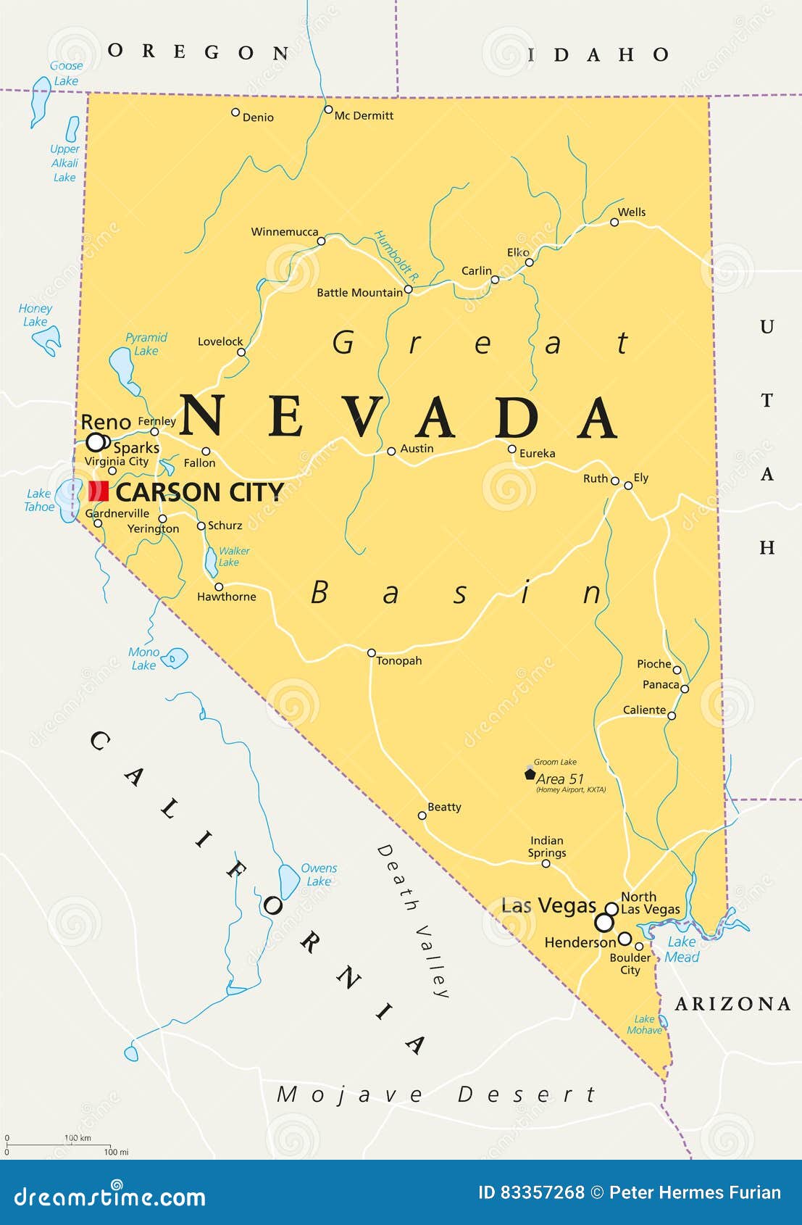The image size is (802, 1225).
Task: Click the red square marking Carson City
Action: click(x=98, y=491)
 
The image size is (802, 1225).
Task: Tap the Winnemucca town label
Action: click(x=284, y=232)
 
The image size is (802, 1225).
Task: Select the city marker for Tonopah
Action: click(x=371, y=652)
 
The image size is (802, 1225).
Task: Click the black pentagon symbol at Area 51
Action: click(x=530, y=774)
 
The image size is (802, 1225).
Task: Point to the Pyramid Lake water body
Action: click(x=120, y=367)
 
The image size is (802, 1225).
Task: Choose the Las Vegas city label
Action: click(x=548, y=905)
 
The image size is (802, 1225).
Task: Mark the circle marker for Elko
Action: click(x=529, y=262)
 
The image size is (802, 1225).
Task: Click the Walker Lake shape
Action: click(x=211, y=562)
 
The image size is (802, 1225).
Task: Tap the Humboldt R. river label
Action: click(x=396, y=255)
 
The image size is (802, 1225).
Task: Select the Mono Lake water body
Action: click(x=175, y=658)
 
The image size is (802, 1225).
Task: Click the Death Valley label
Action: click(x=414, y=921)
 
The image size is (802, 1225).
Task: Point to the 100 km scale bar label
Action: click(x=77, y=1138)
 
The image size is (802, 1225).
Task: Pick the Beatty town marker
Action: click(x=422, y=815)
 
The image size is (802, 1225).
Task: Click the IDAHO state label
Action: click(x=598, y=55)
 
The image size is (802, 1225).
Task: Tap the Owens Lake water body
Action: click(x=289, y=880)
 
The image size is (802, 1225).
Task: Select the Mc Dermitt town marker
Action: click(x=327, y=109)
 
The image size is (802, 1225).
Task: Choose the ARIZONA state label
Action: click(x=732, y=1004)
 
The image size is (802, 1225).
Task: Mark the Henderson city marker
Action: click(x=625, y=939)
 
